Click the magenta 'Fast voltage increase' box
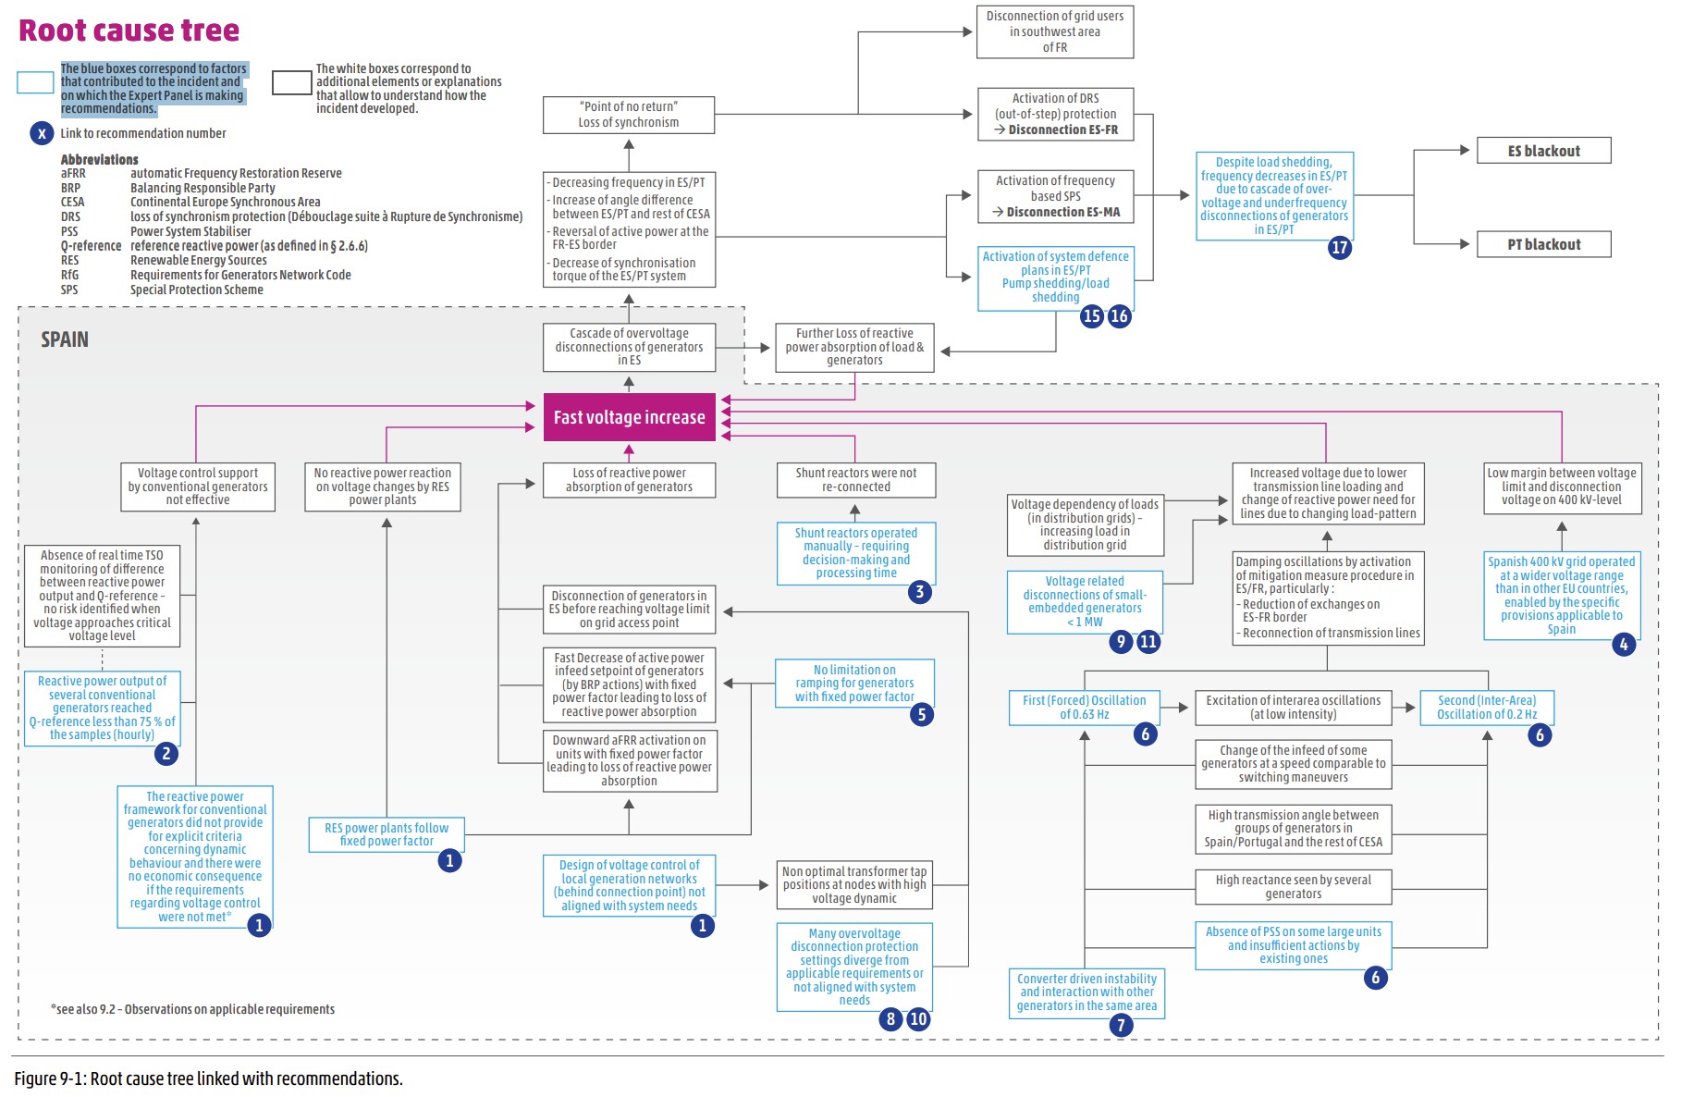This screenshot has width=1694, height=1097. [629, 417]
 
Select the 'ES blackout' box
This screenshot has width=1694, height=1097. [1543, 151]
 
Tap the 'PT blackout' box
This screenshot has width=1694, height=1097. [1543, 244]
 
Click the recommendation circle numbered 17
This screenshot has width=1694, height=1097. [1339, 247]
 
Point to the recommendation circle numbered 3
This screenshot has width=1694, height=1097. [919, 592]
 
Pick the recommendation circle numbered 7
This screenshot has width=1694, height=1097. [1121, 1025]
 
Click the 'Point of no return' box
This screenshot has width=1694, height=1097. [628, 115]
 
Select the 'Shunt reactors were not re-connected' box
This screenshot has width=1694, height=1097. [855, 480]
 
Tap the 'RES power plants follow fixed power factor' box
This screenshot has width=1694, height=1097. [387, 834]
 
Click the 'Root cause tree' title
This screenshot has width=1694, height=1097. [129, 31]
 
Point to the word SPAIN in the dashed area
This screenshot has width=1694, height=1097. [65, 339]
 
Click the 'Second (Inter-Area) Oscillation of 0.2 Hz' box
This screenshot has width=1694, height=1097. [1486, 708]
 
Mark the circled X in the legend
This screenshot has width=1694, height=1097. [42, 133]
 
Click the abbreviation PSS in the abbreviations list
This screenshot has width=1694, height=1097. [69, 231]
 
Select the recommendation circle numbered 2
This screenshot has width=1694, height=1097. [166, 753]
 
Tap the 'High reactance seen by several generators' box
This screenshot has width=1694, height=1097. [1293, 887]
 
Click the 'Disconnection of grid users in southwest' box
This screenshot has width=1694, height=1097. [1054, 31]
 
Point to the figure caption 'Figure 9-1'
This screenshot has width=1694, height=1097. [208, 1079]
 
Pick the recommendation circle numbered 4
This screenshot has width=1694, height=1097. [1624, 644]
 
